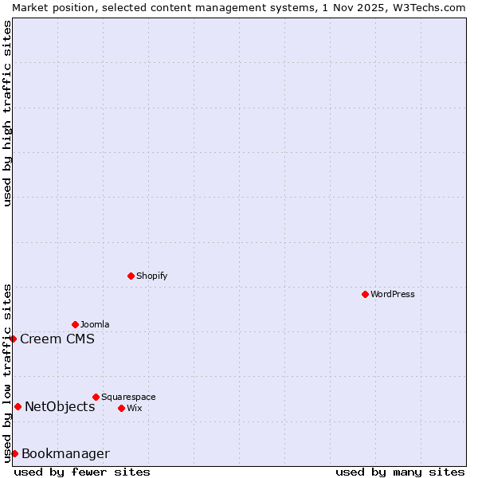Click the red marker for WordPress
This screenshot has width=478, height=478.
365,294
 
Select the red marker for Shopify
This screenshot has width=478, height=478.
131,276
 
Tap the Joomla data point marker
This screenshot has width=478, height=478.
75,324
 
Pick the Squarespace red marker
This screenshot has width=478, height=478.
96,397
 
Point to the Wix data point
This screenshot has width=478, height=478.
121,408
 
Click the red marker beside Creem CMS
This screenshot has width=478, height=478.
13,339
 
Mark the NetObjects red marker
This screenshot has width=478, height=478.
18,406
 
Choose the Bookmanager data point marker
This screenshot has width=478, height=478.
14,453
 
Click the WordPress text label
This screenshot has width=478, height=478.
393,294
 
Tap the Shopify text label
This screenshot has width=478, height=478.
151,276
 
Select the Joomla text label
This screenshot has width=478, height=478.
95,324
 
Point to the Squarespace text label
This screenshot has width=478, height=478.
128,397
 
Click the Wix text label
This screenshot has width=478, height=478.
134,408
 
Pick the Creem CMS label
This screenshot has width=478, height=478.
57,339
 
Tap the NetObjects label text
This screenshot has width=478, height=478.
60,406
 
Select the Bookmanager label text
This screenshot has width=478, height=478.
65,453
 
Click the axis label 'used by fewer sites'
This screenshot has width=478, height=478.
82,472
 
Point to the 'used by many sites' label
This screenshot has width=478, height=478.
400,472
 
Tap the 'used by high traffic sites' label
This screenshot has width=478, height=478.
7,113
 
